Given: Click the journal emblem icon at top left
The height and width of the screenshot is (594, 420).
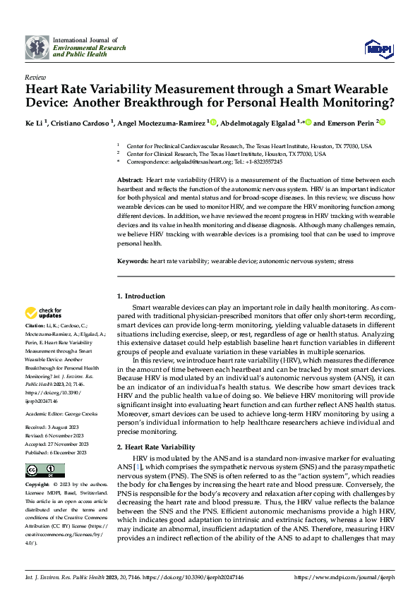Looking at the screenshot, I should pos(37,47).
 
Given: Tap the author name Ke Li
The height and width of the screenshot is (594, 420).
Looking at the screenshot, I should pos(35,123).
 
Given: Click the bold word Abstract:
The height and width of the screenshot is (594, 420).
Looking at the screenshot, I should pos(131,181).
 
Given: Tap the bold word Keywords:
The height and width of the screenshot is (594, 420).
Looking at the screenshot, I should pos(133,261).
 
